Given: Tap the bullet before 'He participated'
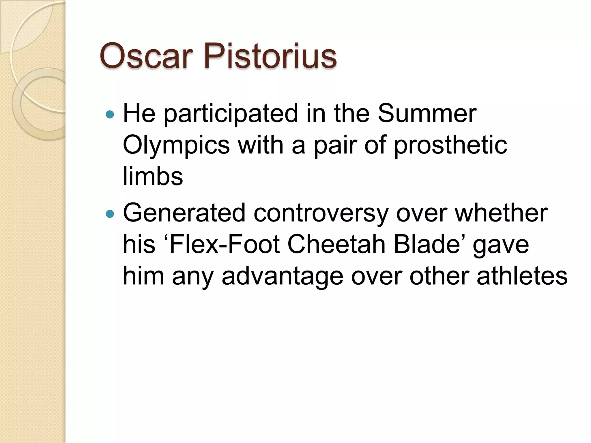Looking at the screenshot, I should tap(110, 115).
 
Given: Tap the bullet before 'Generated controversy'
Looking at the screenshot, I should tap(110, 214).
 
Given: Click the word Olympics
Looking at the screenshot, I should tap(176, 146).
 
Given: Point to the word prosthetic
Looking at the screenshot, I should tap(450, 146).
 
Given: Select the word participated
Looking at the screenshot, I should tap(231, 114).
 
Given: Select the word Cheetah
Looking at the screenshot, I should tap(336, 245).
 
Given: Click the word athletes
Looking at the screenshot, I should tap(522, 276).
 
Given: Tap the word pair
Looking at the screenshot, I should tap(335, 146).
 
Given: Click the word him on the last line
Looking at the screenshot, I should tap(143, 276).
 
